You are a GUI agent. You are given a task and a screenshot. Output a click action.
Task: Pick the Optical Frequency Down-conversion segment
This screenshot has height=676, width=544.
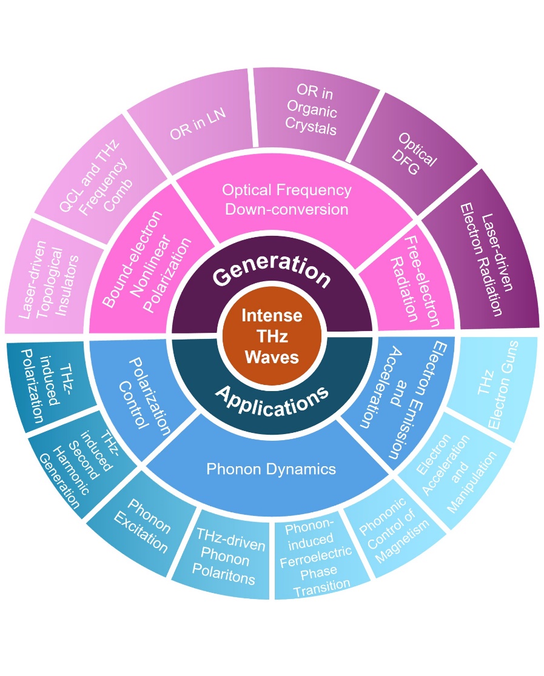[286, 199]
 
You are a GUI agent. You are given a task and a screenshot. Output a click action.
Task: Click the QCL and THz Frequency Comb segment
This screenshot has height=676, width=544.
[93, 175]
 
